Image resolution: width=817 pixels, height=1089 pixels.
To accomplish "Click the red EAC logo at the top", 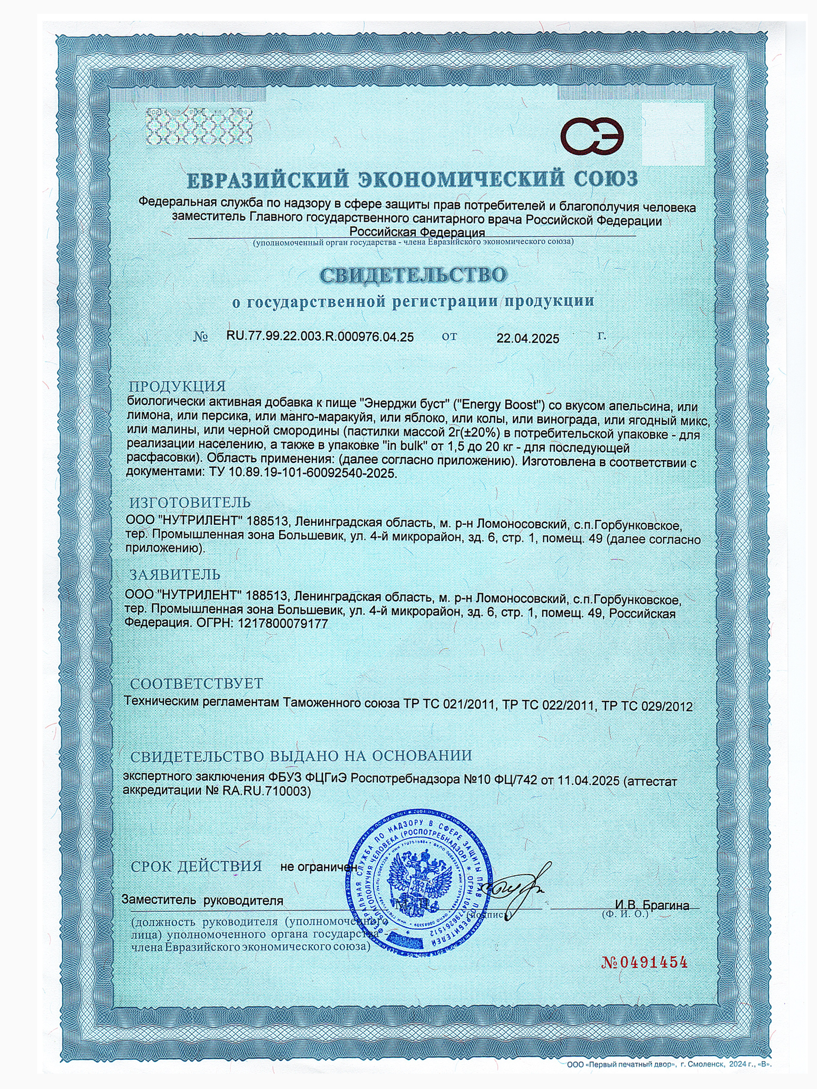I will point(592,136).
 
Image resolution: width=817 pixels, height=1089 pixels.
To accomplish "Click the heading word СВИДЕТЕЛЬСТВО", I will point(413,275).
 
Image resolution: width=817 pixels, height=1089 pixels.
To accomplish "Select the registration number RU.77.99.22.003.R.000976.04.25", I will point(320,337).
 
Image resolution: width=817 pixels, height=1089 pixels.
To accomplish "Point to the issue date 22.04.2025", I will point(527,339).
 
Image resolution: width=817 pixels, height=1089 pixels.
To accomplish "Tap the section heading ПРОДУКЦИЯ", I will point(178,386).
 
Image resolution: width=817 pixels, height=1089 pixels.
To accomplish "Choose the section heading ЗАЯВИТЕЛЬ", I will point(175,574).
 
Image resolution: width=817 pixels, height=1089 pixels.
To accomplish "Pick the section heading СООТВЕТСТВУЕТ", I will point(196,683).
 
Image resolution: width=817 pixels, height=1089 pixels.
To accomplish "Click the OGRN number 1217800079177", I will point(283,623).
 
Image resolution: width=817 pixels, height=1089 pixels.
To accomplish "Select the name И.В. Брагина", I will point(652,905).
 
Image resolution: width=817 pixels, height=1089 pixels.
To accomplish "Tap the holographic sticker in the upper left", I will point(199,126).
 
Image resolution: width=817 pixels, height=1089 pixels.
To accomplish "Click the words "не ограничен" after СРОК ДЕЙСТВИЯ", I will point(318,867).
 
